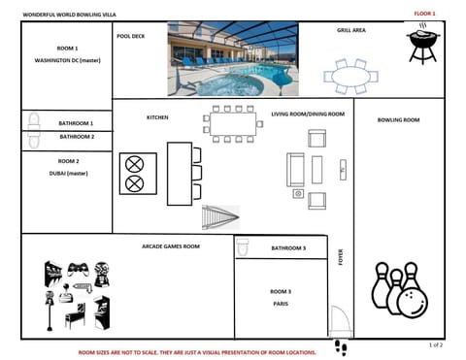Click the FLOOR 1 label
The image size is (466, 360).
click(x=425, y=14)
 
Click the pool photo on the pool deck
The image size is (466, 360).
click(x=233, y=59)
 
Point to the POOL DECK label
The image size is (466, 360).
click(x=131, y=35)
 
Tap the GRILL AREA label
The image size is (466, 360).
click(x=351, y=31)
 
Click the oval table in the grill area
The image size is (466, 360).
click(x=350, y=75)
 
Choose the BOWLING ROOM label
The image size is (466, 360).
click(x=399, y=119)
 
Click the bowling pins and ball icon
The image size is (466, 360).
click(x=397, y=289)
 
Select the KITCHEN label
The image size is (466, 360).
click(x=157, y=117)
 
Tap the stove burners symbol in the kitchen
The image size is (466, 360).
click(x=135, y=173)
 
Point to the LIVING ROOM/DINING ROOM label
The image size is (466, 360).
click(x=308, y=115)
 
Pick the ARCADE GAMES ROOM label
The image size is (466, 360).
click(x=170, y=246)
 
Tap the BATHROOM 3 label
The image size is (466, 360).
click(x=288, y=248)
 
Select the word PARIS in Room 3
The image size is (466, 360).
click(x=281, y=303)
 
